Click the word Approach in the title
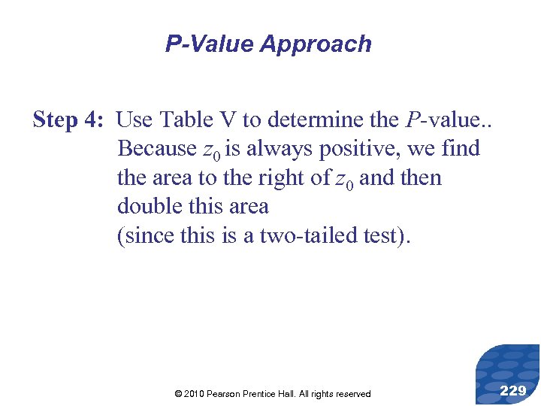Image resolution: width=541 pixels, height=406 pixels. pos(316,44)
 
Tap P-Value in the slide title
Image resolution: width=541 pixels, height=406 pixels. pos(210,44)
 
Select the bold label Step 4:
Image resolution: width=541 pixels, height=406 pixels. pos(71,120)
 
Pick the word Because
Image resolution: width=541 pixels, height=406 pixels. pos(157,149)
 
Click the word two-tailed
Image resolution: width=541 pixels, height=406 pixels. pos(297,235)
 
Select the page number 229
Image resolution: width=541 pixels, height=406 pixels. pos(512,390)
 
